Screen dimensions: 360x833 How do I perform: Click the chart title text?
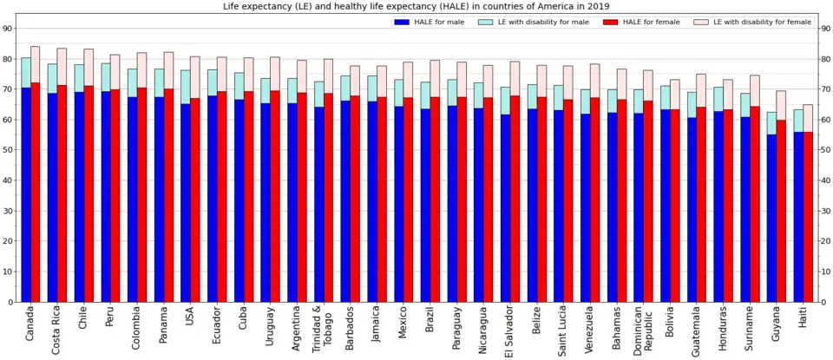[416, 6]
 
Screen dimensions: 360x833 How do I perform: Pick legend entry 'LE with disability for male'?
[533, 22]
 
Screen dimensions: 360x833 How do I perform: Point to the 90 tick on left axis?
[8, 29]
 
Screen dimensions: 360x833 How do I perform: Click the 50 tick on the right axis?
[825, 150]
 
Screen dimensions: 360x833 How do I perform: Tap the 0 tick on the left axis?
[10, 302]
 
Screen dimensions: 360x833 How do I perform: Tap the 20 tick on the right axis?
[825, 241]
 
